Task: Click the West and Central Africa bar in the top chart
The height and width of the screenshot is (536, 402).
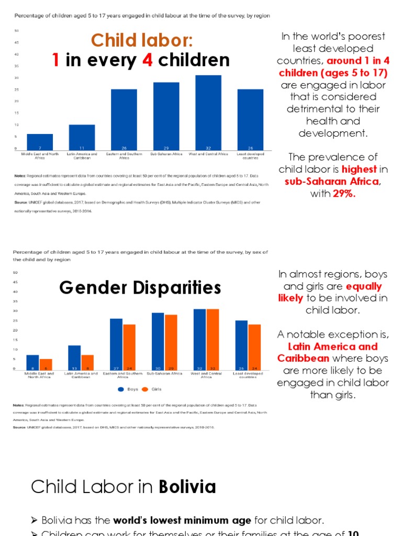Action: (x=208, y=112)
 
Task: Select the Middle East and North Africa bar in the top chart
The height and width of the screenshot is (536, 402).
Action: (x=40, y=142)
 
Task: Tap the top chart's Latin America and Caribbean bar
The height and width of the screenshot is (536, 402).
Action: (x=82, y=137)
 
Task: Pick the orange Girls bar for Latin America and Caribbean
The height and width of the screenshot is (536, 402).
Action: (x=88, y=362)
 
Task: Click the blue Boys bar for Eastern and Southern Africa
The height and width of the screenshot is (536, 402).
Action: (x=116, y=343)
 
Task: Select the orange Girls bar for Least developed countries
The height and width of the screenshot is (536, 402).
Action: (x=254, y=347)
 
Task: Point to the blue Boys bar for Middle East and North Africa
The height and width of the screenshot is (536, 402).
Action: (x=32, y=362)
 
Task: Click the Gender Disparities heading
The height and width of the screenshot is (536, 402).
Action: (x=140, y=287)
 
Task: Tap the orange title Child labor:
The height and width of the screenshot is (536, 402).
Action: (x=142, y=40)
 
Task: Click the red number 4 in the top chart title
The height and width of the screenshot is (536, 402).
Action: (x=148, y=60)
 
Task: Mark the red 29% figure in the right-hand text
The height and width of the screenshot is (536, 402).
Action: (x=343, y=193)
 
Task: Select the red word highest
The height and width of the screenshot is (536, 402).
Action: (x=359, y=169)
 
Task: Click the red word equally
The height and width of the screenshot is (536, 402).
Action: (x=364, y=286)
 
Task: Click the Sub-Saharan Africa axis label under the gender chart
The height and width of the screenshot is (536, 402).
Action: (x=165, y=374)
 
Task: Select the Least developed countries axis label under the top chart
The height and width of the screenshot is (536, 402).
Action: (x=250, y=155)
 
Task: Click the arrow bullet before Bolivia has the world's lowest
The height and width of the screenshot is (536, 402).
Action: (x=35, y=520)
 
